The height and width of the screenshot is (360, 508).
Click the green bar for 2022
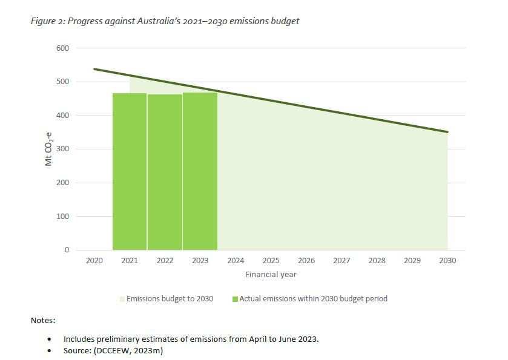[165, 172]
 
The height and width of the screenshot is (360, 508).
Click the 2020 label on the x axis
[94, 261]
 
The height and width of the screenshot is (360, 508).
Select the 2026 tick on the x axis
[306, 261]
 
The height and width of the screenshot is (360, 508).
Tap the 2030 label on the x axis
[447, 261]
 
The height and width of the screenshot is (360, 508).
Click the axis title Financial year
[271, 275]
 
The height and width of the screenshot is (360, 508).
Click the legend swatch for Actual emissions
[235, 299]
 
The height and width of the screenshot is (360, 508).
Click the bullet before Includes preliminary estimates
[49, 339]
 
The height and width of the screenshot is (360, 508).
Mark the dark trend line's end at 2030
[447, 131]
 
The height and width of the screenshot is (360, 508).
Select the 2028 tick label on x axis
[377, 261]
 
